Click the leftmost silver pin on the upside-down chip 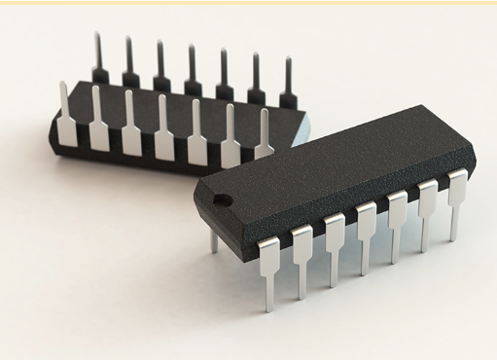[66, 117]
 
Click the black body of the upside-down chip [117, 156]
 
